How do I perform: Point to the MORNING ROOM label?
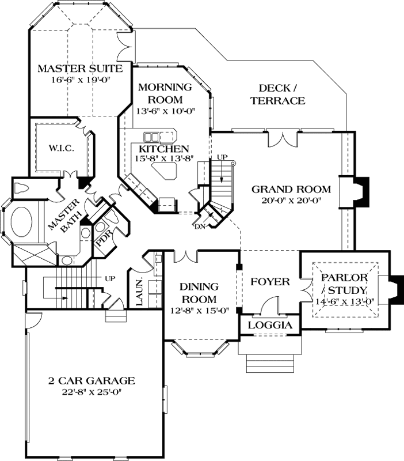[x=165, y=93]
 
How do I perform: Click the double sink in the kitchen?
[x=152, y=137]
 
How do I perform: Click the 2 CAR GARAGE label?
[x=92, y=381]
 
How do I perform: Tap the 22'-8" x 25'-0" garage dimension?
[x=92, y=392]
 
